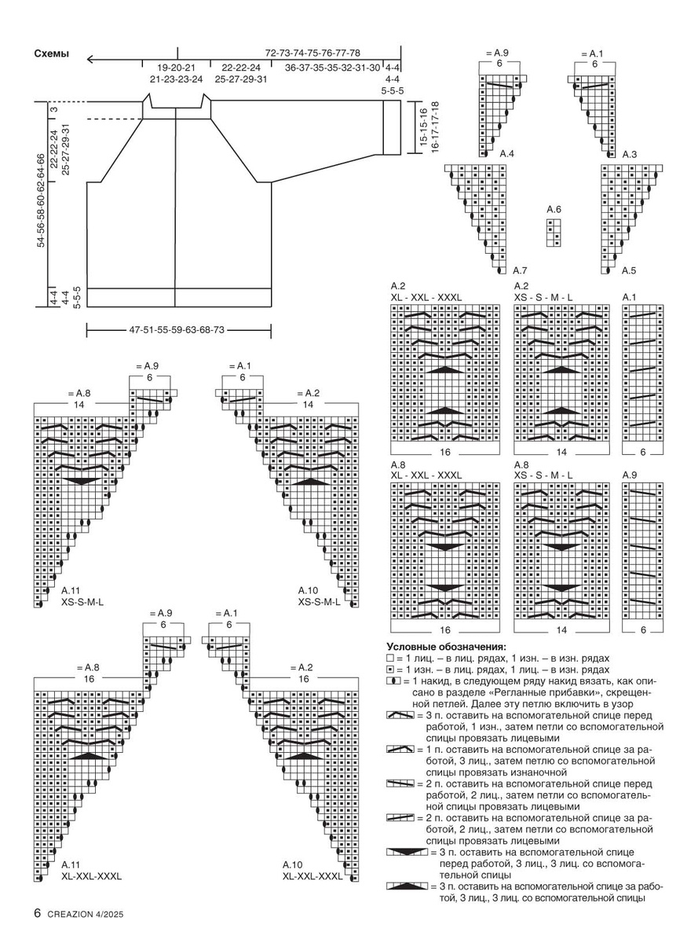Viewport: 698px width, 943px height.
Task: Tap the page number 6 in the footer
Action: (x=37, y=913)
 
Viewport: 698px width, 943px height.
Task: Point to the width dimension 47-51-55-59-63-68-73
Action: (x=177, y=331)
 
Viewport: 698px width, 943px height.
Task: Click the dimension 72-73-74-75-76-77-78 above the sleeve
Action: (x=312, y=53)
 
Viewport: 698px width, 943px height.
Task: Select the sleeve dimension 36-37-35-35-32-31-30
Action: (x=332, y=68)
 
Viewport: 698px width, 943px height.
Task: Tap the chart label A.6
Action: (x=554, y=209)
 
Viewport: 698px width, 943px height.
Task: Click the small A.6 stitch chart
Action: (x=554, y=233)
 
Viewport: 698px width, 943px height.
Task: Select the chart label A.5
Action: (x=629, y=270)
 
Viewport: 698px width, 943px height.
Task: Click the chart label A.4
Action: (x=506, y=154)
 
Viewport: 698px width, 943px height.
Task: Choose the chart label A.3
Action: (x=629, y=154)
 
